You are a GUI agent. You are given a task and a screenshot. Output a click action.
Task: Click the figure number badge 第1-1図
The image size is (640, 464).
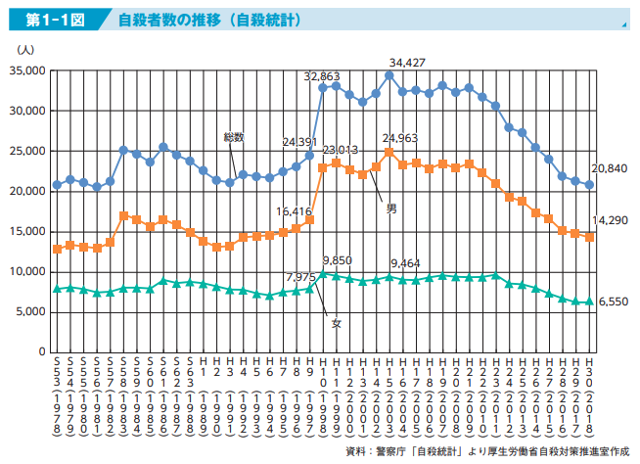pyautogui.click(x=48, y=19)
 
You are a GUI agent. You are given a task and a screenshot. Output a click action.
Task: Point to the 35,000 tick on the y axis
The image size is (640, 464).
pyautogui.click(x=28, y=71)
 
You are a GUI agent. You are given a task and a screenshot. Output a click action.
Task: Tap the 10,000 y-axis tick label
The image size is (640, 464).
pyautogui.click(x=28, y=271)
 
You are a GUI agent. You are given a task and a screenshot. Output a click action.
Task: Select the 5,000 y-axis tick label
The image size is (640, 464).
pyautogui.click(x=31, y=311)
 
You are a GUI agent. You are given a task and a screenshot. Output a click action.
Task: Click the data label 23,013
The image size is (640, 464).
pyautogui.click(x=341, y=150)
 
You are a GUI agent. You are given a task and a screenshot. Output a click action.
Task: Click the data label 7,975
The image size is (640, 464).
pyautogui.click(x=300, y=276)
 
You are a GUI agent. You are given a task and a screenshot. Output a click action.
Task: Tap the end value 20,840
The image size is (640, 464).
pyautogui.click(x=610, y=168)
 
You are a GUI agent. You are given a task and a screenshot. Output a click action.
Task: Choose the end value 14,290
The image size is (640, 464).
pyautogui.click(x=610, y=221)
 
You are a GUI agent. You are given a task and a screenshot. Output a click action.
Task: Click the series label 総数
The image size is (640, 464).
pyautogui.click(x=234, y=136)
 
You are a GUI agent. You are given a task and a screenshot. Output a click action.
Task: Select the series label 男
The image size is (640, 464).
pyautogui.click(x=392, y=209)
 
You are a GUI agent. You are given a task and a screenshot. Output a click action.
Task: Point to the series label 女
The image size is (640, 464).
pyautogui.click(x=336, y=322)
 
